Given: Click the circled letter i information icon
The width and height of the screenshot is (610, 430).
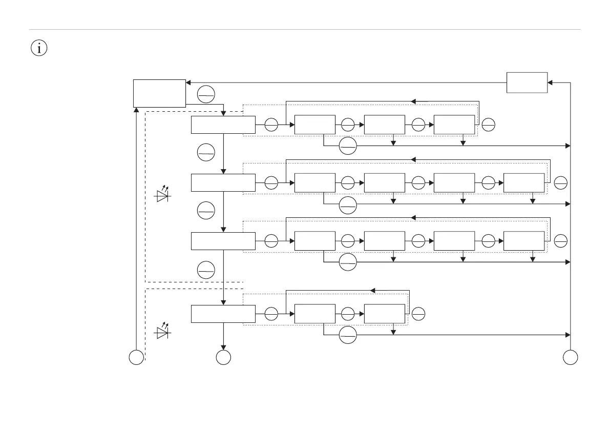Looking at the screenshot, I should tap(39, 48).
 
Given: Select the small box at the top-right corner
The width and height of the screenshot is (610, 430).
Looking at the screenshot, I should tap(527, 83).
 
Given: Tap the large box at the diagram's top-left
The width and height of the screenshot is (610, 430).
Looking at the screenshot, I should tap(159, 93).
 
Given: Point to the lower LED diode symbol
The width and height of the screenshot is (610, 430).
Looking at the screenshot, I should tap(164, 331).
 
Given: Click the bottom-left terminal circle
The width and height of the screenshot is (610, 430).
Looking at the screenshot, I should tap(136, 358).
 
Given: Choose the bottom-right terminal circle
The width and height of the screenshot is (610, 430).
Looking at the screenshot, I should tap(570, 358).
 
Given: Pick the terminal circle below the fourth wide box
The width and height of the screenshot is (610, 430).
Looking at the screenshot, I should tap(223, 358).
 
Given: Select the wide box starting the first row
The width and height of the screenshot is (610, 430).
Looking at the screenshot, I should tap(223, 125).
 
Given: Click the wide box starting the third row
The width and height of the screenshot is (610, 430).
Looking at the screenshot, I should tap(223, 241).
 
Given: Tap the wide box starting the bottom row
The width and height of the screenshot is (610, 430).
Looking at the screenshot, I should tap(223, 314).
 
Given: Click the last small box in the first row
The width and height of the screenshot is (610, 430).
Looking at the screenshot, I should tap(454, 125).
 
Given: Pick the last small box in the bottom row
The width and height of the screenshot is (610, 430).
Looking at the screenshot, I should tap(385, 314).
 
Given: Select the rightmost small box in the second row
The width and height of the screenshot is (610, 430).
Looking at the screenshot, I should tap(524, 182).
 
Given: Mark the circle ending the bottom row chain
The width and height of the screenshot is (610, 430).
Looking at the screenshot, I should tap(418, 313).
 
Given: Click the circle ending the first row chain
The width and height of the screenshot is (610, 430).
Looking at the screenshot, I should tap(488, 124).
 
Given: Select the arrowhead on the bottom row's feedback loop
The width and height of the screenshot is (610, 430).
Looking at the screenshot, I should tap(373, 291).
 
